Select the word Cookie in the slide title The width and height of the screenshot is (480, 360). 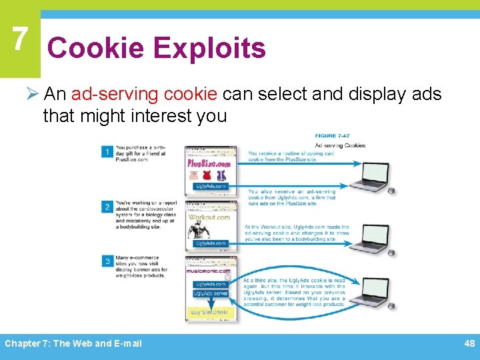tap(96, 48)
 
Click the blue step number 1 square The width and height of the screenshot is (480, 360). tap(107, 152)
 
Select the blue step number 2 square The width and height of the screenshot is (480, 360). tap(107, 207)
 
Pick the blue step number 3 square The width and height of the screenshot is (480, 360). tap(107, 261)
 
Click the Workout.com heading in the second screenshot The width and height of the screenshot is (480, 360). tap(209, 217)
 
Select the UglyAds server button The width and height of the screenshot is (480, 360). tap(210, 293)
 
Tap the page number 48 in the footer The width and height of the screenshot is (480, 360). tap(469, 343)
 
